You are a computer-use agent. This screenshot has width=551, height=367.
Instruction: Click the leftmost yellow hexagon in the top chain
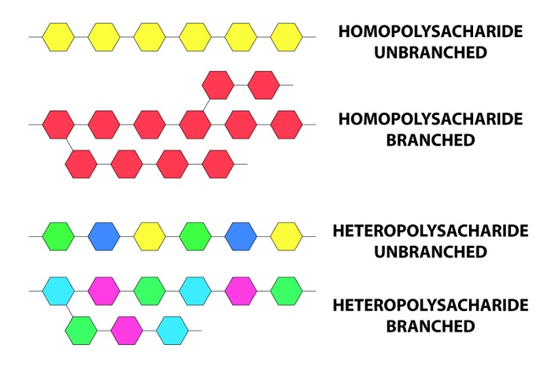[x=58, y=36]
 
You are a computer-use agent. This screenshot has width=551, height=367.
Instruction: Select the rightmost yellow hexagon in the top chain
[x=287, y=36]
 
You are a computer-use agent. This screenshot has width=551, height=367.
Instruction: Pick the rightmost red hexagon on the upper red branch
[x=264, y=84]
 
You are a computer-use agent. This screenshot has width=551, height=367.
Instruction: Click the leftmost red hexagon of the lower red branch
[x=81, y=164]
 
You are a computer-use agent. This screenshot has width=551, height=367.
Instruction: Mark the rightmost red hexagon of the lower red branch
[x=218, y=164]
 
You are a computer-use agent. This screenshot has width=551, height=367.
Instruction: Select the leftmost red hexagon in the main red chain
[x=58, y=124]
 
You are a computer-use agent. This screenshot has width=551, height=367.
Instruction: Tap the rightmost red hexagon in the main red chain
[x=287, y=124]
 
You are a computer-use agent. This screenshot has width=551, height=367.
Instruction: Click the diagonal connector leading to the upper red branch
[x=205, y=102]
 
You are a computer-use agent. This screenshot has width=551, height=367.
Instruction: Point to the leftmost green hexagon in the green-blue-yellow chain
[x=58, y=235]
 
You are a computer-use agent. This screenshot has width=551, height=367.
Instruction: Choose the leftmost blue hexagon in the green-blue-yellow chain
[x=104, y=235]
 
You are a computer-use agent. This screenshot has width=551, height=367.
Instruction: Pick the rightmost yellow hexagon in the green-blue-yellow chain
[x=287, y=235]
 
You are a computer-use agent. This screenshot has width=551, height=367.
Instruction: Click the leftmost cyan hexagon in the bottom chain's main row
[x=58, y=291]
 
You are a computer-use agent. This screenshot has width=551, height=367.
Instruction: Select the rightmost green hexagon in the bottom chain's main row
[x=287, y=291]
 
